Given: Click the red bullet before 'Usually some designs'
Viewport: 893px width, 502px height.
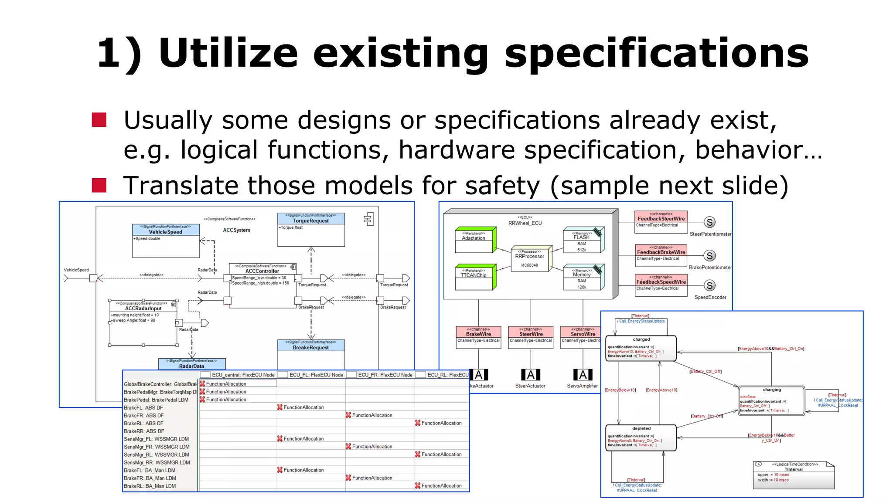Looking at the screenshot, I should point(99,120).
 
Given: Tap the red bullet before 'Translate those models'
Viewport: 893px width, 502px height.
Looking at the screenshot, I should point(99,185).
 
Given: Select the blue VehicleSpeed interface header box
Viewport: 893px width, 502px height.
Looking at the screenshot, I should point(166,230).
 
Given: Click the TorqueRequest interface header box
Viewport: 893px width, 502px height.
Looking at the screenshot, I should point(311,218).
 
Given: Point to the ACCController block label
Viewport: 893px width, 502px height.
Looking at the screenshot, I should point(262,271).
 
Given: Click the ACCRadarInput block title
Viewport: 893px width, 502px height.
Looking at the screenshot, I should point(143,309).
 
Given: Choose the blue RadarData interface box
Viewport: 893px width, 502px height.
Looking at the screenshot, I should point(191,364).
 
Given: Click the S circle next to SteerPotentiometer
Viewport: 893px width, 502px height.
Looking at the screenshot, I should point(710,222).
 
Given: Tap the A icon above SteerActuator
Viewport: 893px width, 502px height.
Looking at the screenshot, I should point(531,375).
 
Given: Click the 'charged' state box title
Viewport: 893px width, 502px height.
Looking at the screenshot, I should point(641,339).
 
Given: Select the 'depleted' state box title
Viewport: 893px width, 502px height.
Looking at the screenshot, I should point(641,428).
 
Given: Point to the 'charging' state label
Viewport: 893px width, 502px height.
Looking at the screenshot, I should point(772,390).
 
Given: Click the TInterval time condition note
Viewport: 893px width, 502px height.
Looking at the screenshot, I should point(793,475).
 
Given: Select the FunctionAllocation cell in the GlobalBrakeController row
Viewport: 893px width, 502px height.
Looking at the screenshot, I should point(226,384).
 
